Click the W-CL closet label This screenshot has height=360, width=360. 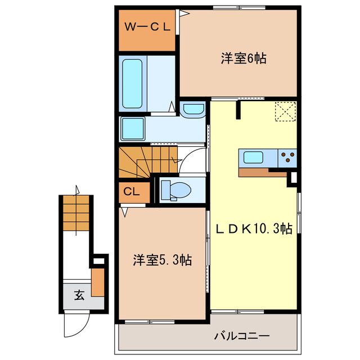pos(147,26)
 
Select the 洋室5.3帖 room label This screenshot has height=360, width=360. pos(162,260)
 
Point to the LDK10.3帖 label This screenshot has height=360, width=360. pos(254,229)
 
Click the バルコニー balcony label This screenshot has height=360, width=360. pos(242,336)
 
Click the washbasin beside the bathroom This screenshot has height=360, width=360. pos(194,109)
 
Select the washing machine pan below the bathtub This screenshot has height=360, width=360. pos(133,129)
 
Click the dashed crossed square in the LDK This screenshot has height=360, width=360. pos(285,110)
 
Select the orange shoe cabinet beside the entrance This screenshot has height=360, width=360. pos(98,283)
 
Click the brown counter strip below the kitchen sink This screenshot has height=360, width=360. pos(263,172)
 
